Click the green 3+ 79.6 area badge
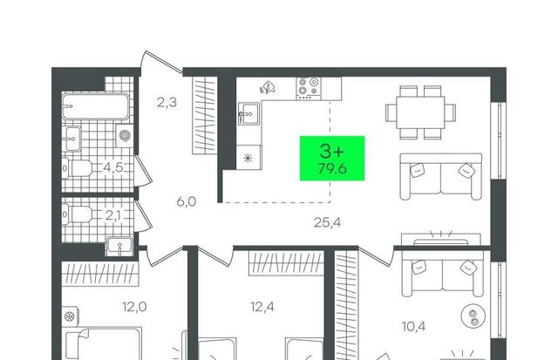tap(332, 159)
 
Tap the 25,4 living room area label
tap(328, 222)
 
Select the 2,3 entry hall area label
tap(167, 103)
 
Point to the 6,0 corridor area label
tap(187, 202)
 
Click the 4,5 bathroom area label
tap(113, 167)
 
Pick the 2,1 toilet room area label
tap(113, 215)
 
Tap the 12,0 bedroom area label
tap(134, 307)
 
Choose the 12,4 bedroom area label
tap(262, 307)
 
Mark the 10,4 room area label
tap(414, 326)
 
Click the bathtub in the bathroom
tap(95, 106)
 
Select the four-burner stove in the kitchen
tap(308, 88)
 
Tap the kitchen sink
tap(248, 114)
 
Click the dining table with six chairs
tap(420, 112)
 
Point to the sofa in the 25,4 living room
tap(441, 176)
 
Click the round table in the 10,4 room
tap(473, 316)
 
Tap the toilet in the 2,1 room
tap(78, 214)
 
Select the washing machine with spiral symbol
tap(125, 135)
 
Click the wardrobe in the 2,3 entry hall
tap(205, 115)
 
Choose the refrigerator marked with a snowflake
tap(248, 157)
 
